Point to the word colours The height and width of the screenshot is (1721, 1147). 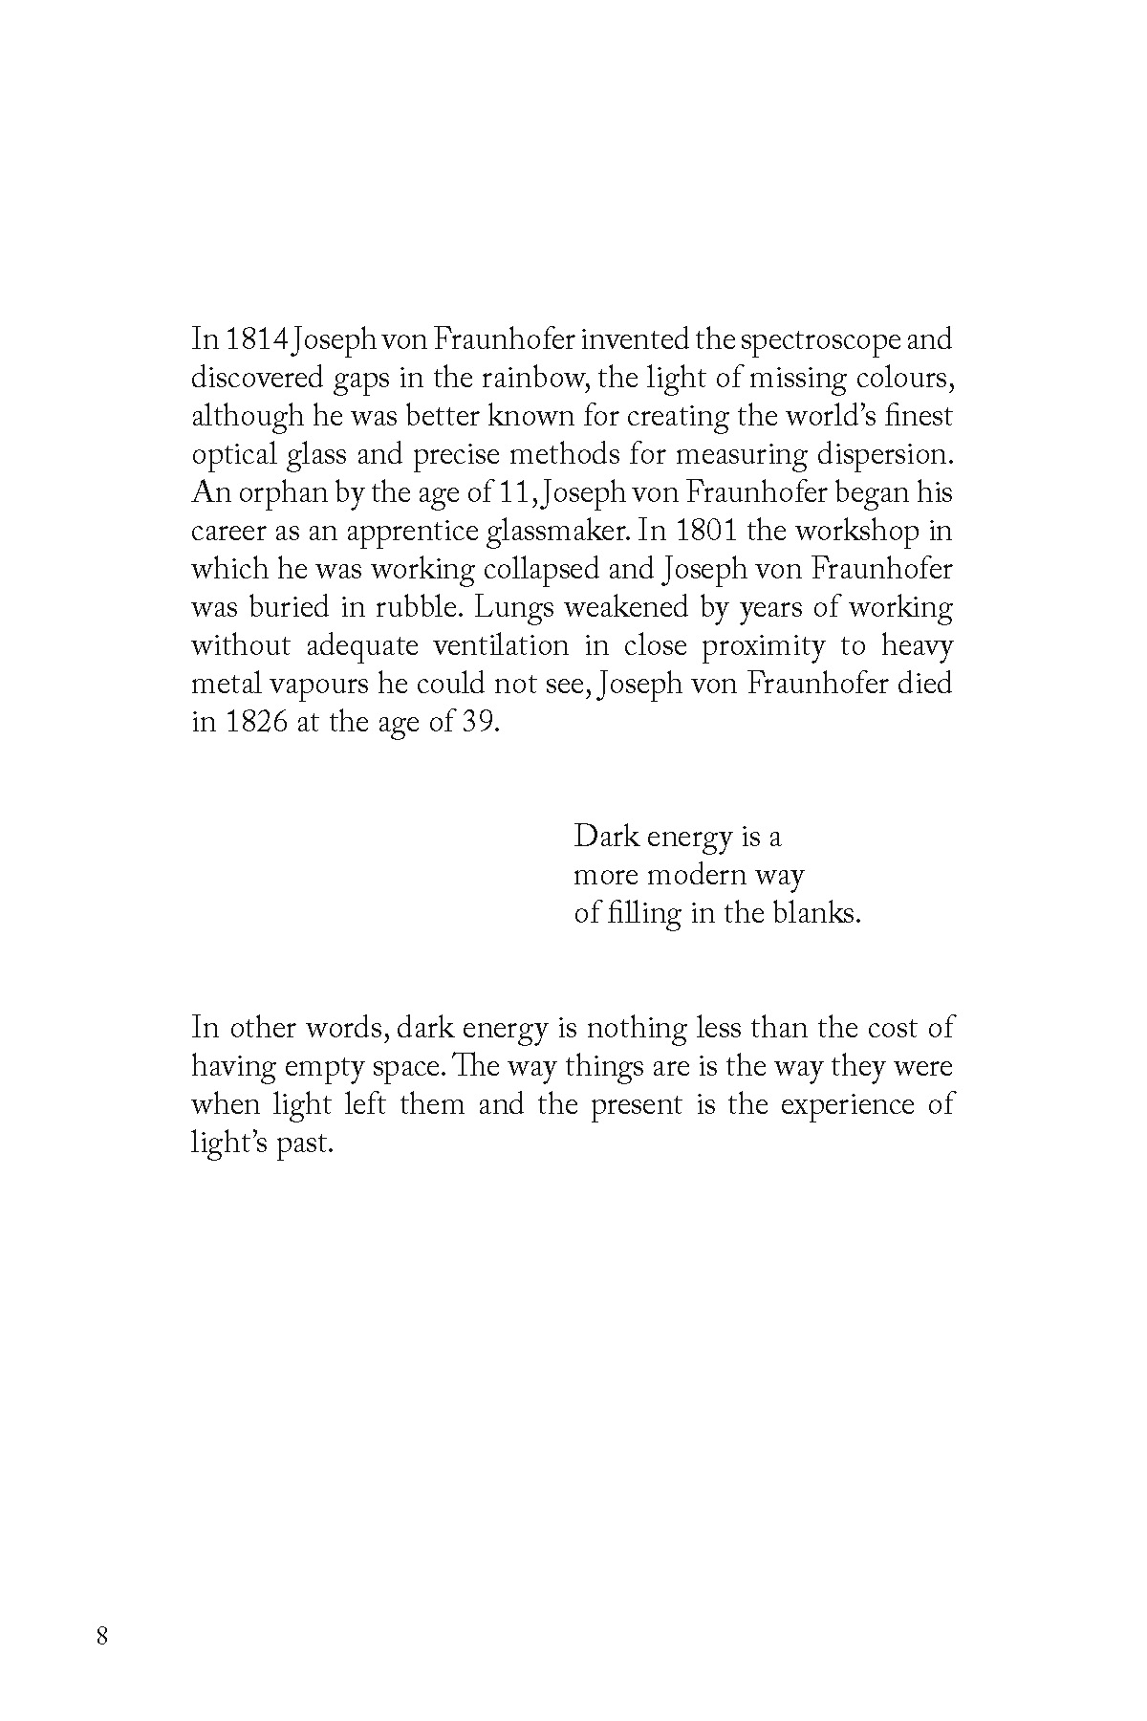(x=905, y=378)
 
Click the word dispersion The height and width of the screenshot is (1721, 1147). (x=888, y=454)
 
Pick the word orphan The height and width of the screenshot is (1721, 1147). (x=272, y=493)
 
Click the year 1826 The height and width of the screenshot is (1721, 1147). (x=257, y=722)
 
